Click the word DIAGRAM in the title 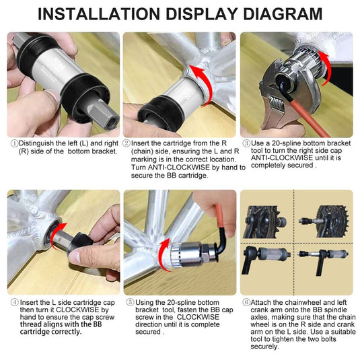click(x=283, y=14)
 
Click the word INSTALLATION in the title click(x=99, y=14)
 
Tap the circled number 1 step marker click(x=14, y=143)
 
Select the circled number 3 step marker click(x=246, y=143)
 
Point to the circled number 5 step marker click(x=130, y=302)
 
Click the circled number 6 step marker click(x=246, y=302)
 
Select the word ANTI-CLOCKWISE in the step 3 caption click(x=282, y=158)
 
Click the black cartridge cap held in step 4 click(x=81, y=244)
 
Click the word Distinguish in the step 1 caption click(x=36, y=143)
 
